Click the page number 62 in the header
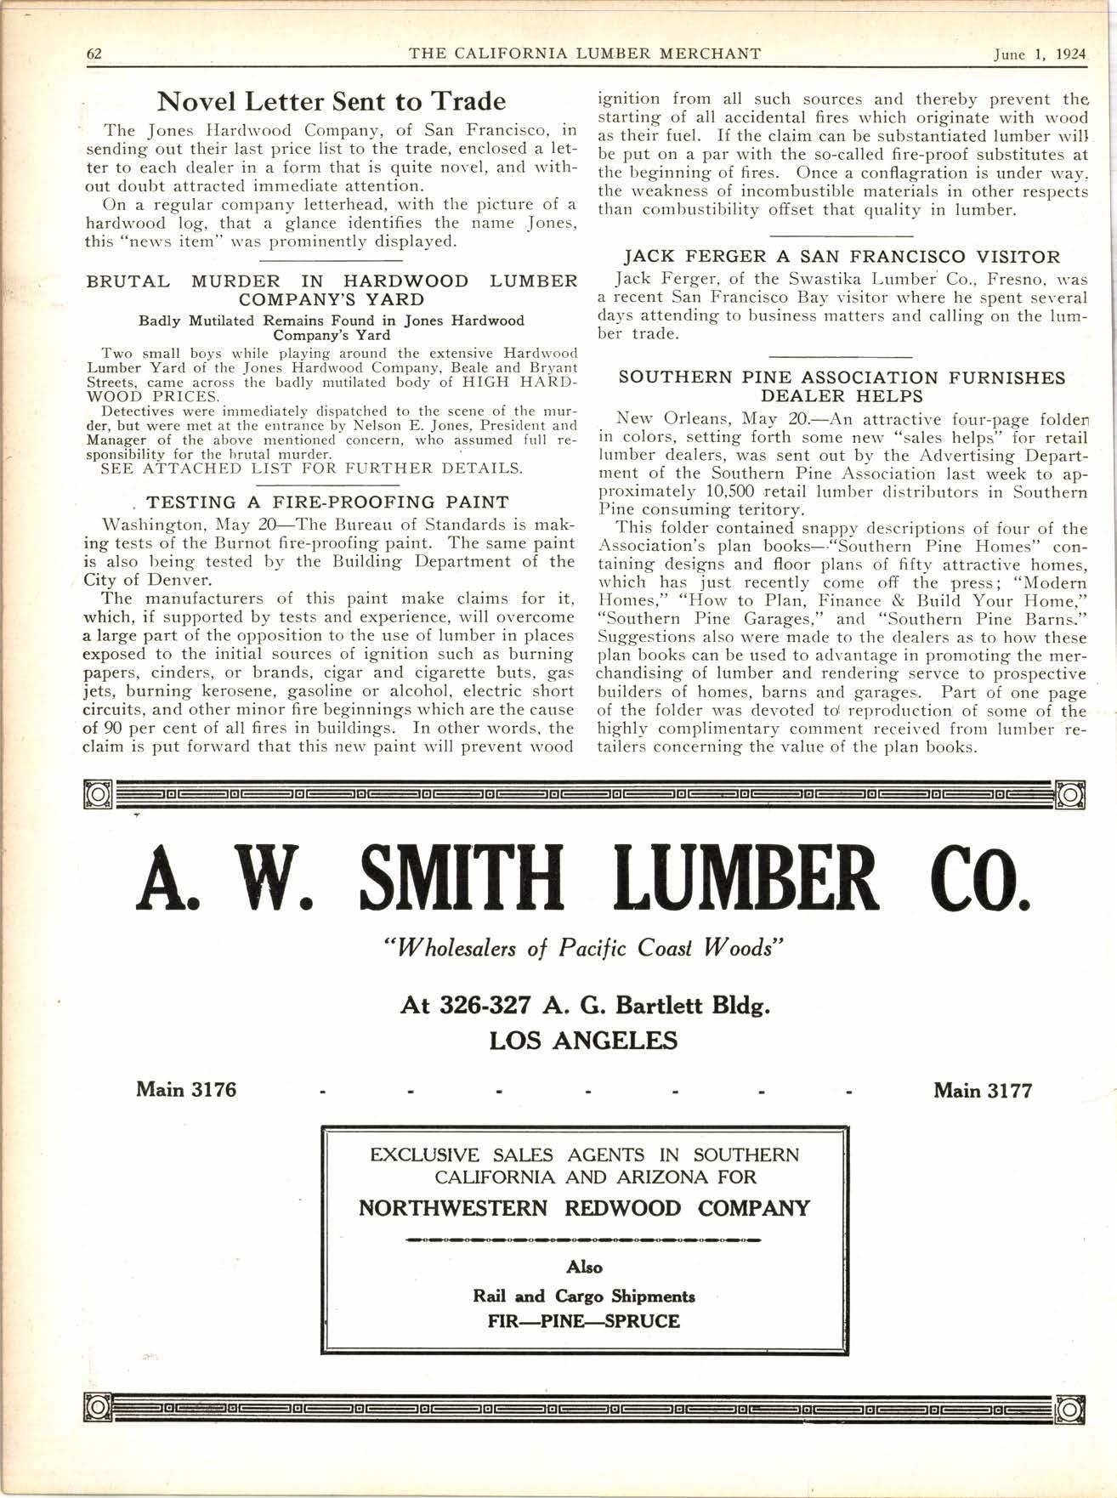tap(94, 54)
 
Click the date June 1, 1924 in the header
tap(1040, 54)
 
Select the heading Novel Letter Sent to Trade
tap(332, 102)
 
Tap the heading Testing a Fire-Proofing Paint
tap(327, 502)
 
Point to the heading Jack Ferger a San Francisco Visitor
tap(842, 257)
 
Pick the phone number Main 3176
tap(186, 1089)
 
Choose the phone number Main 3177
tap(983, 1090)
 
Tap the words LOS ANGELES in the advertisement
tap(583, 1041)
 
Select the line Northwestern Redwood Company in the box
tap(584, 1208)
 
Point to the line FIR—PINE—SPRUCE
tap(584, 1321)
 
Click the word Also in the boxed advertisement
tap(584, 1267)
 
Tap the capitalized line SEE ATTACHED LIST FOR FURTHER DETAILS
tap(311, 468)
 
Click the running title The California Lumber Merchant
tap(584, 54)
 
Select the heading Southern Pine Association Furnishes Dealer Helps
tap(842, 387)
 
